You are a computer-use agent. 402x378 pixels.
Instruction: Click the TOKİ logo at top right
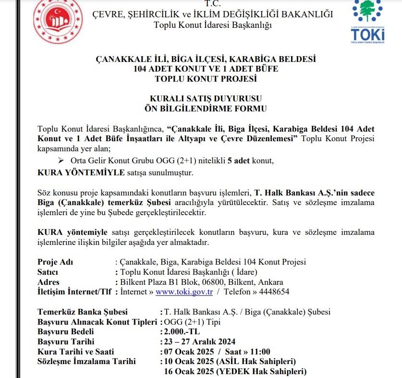pyautogui.click(x=367, y=22)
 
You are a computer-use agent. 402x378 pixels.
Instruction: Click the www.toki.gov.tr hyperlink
pyautogui.click(x=184, y=292)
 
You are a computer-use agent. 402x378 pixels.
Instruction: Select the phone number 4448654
pyautogui.click(x=274, y=292)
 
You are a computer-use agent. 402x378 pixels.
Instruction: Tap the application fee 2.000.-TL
pyautogui.click(x=182, y=331)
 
